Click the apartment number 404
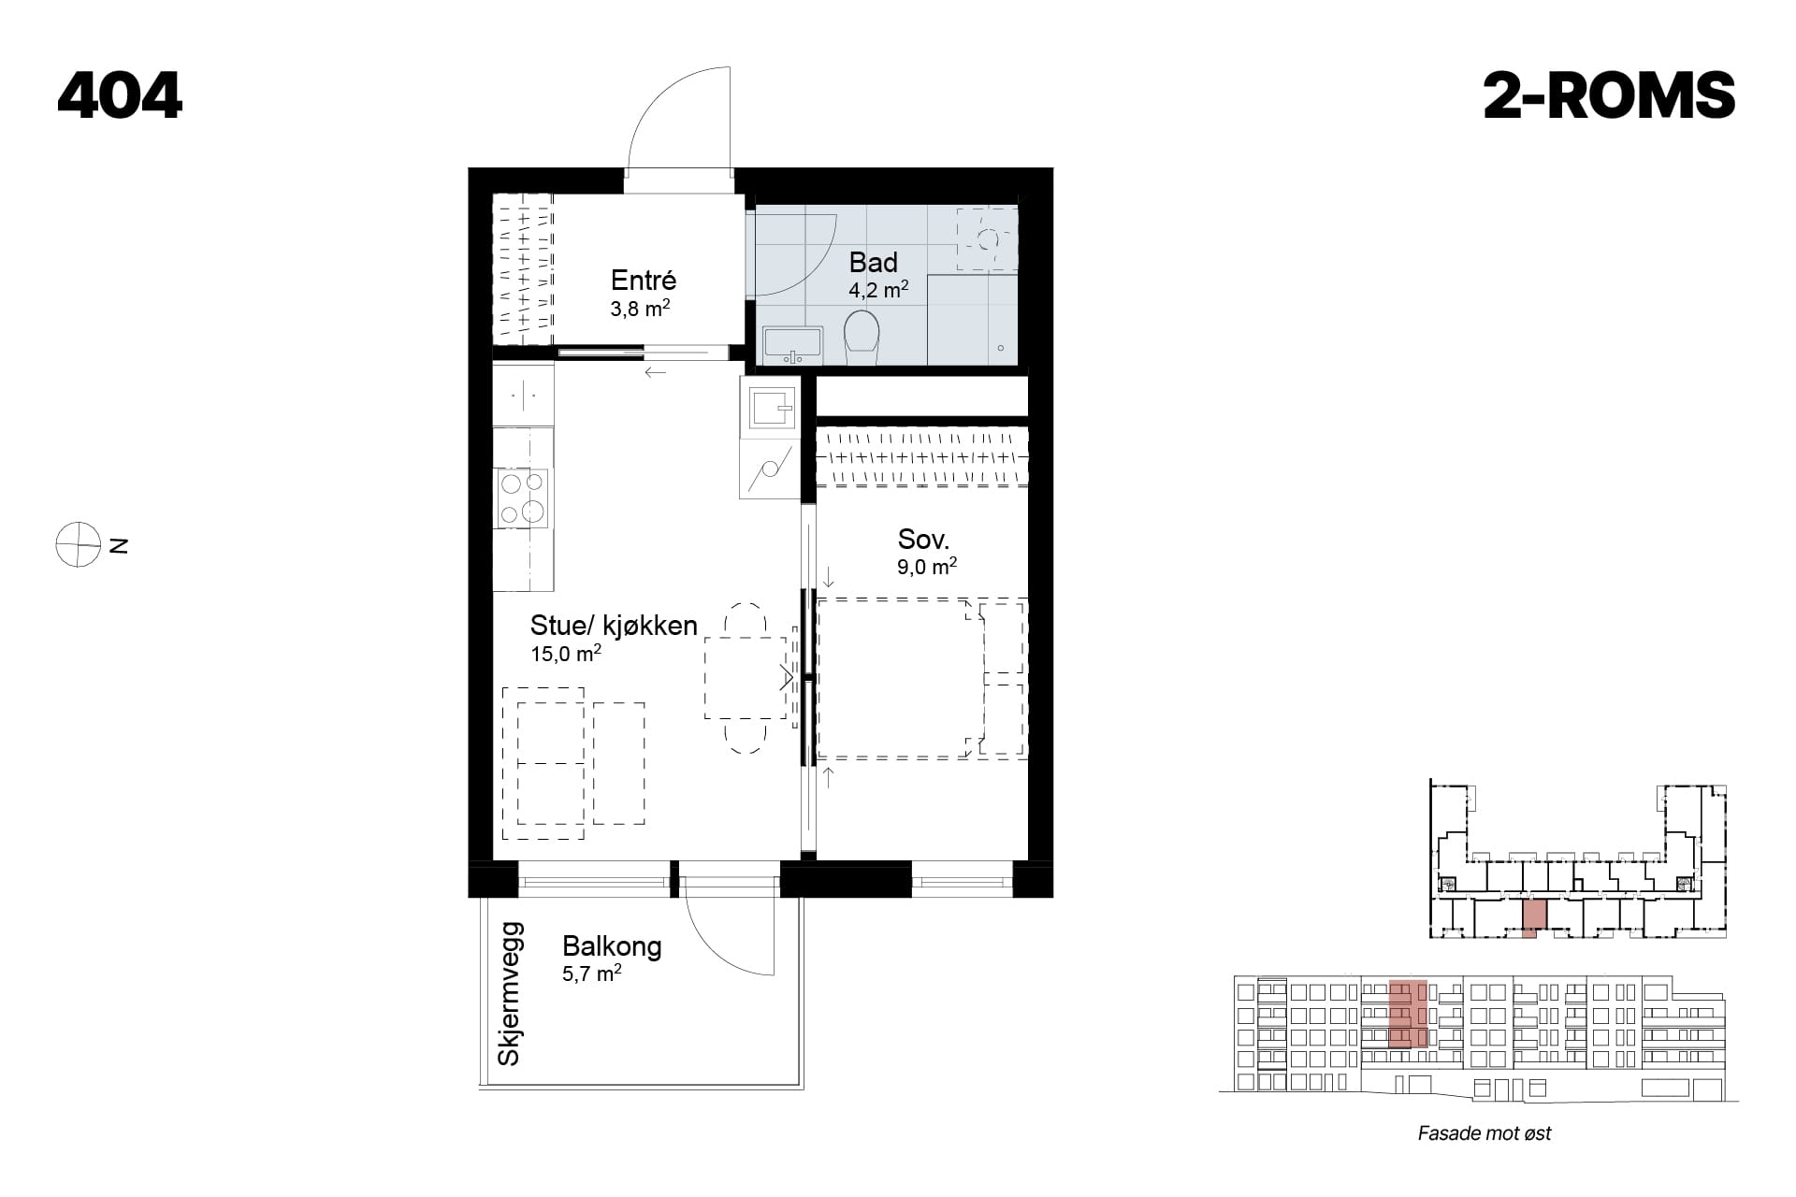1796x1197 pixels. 120,95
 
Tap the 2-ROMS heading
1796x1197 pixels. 1609,95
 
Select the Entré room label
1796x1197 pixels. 643,280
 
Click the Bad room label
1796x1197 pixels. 873,262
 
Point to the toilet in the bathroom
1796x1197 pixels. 862,338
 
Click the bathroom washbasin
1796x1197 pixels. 792,345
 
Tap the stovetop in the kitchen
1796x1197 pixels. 522,498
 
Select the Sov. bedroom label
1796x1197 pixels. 923,539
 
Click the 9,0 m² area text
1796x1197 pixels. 927,566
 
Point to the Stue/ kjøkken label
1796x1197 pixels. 614,626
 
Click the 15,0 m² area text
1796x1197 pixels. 566,654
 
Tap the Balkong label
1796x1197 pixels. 612,946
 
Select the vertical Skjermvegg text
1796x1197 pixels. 510,993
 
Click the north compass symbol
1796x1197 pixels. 78,544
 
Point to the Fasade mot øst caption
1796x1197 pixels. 1485,1133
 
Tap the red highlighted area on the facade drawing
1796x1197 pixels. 1408,1014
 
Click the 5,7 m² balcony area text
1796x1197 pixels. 592,973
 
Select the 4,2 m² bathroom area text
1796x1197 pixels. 878,290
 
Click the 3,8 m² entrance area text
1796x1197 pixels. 640,308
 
